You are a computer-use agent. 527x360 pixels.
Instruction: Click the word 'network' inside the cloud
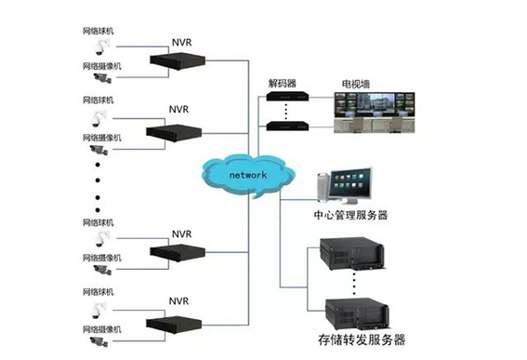pos(245,175)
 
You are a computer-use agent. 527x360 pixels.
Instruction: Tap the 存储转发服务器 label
pos(362,340)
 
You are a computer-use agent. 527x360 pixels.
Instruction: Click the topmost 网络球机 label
pos(99,31)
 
